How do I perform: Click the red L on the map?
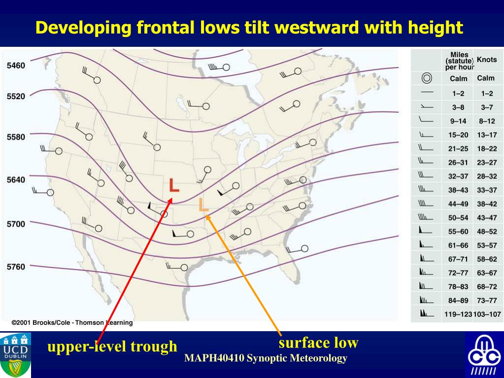tap(174, 185)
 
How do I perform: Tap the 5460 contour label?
tap(16, 66)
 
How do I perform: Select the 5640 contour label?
tap(16, 180)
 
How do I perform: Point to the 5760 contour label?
tap(16, 267)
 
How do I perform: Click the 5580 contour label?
tap(16, 137)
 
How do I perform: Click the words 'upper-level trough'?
tap(112, 346)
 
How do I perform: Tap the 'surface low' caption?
tap(318, 342)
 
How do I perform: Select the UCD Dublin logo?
tap(16, 354)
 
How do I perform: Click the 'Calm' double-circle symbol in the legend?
tap(427, 78)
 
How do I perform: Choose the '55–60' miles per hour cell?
tap(458, 231)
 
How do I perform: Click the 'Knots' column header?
tap(486, 60)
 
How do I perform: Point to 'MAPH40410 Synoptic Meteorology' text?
tap(266, 358)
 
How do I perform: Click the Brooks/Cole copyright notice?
tap(72, 322)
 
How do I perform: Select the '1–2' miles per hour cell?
tap(458, 93)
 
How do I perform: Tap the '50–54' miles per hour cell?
tap(458, 217)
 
